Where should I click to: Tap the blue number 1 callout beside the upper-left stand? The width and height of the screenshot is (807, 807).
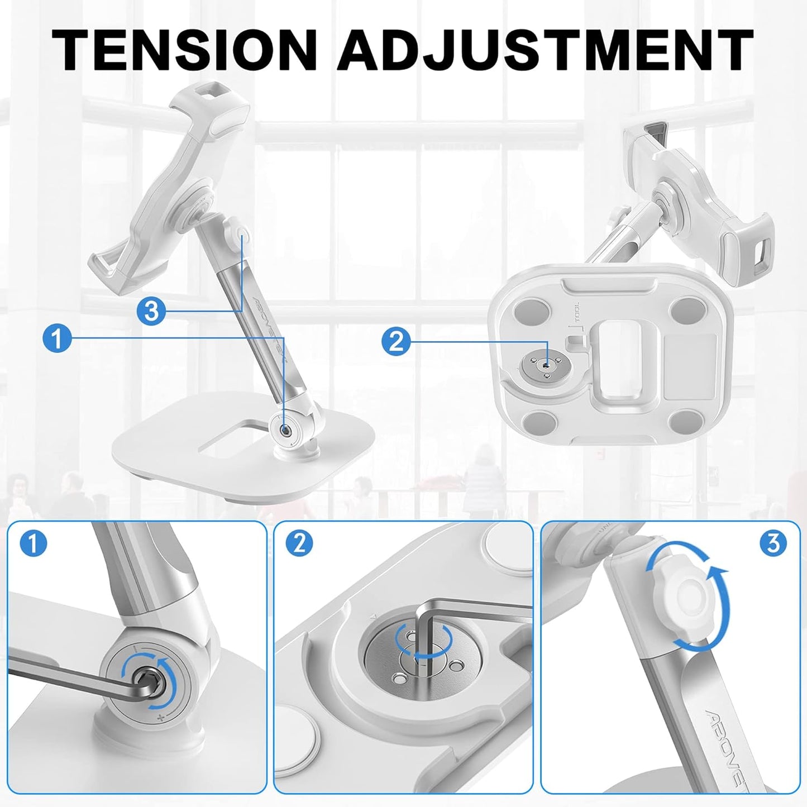click(x=56, y=339)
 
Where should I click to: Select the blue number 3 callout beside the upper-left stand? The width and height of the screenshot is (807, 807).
click(x=152, y=311)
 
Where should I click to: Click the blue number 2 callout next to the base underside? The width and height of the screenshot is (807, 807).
click(x=396, y=340)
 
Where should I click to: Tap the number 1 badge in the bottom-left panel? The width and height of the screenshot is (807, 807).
click(x=33, y=543)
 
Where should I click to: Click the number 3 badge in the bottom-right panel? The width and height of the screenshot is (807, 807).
click(x=773, y=543)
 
